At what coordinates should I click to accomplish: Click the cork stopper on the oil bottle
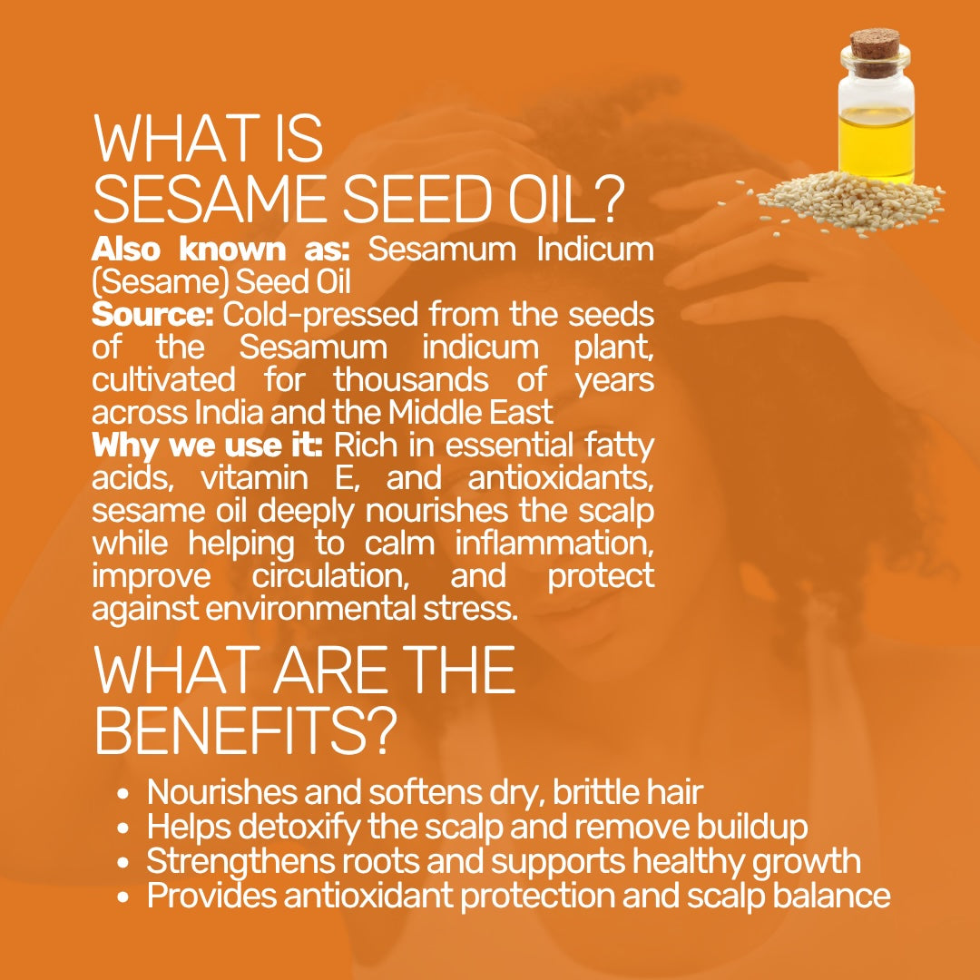click(x=875, y=52)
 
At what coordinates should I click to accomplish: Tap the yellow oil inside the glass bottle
click(x=877, y=142)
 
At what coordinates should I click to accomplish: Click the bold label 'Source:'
click(x=152, y=314)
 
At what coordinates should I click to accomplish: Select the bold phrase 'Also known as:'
click(x=220, y=250)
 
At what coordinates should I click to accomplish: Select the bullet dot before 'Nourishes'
click(x=123, y=794)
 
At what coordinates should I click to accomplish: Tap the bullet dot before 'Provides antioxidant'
click(x=123, y=897)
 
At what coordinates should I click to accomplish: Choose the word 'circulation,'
click(x=330, y=575)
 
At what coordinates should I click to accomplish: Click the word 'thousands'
click(x=411, y=379)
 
